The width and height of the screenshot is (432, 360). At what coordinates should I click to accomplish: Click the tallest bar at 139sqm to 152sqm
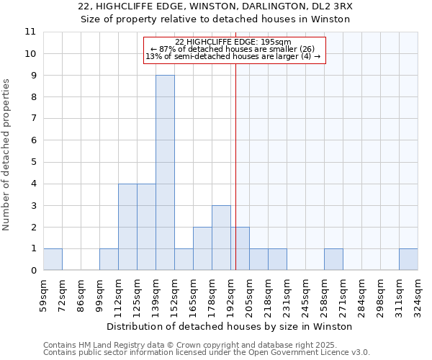(165, 173)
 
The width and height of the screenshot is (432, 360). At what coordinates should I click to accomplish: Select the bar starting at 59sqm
(53, 259)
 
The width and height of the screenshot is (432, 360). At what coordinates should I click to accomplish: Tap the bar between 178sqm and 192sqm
(221, 238)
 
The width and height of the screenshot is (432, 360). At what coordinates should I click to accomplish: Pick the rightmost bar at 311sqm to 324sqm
(408, 259)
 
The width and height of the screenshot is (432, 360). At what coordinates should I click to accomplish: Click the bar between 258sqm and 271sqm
(333, 259)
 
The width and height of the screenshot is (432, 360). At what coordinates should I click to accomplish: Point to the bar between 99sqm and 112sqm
(109, 259)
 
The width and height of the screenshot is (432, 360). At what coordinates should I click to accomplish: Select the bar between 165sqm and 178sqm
(202, 248)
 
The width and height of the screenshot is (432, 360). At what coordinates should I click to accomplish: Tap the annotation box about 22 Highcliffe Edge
(235, 50)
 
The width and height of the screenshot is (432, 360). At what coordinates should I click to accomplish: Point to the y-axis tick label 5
(32, 162)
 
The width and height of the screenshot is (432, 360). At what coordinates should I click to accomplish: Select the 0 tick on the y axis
(32, 271)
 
